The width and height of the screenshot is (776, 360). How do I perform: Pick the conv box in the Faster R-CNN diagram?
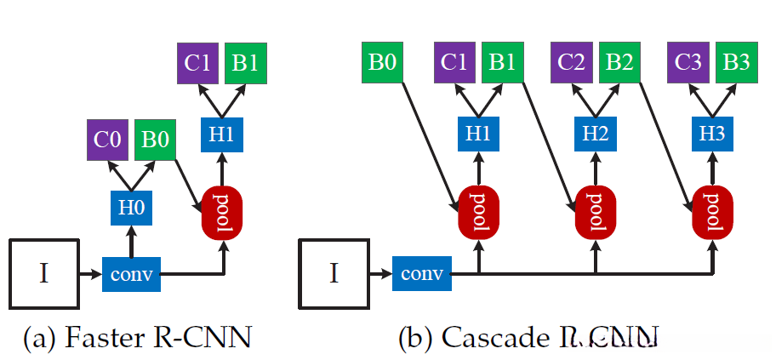click(132, 274)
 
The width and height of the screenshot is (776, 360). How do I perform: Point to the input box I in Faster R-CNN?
click(44, 273)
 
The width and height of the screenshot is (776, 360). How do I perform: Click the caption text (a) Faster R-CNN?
click(136, 338)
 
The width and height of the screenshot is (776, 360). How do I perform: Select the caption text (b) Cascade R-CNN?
click(528, 339)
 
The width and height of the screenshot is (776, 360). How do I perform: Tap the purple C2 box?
click(572, 64)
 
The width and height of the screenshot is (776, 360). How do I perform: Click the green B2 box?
click(619, 64)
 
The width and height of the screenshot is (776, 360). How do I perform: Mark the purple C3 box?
click(688, 64)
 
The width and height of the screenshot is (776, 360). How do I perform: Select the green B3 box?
click(736, 64)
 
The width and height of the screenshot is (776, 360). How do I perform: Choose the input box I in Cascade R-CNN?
click(334, 273)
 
